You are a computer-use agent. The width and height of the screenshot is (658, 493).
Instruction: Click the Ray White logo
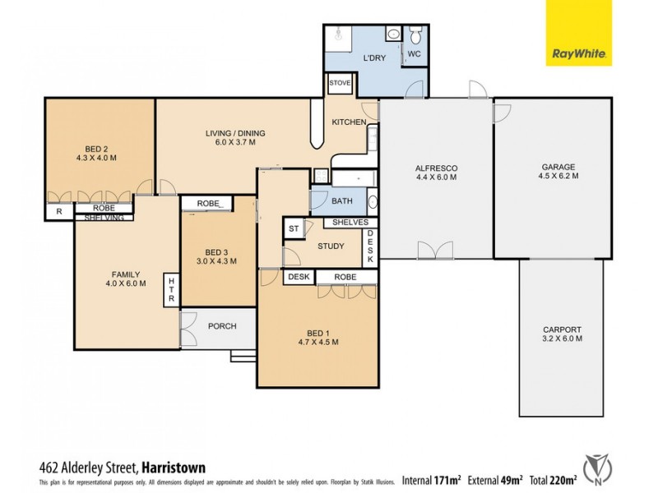(579, 34)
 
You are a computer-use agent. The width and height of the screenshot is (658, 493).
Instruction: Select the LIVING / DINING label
(235, 132)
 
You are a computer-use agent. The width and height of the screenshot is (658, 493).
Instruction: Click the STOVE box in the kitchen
(340, 83)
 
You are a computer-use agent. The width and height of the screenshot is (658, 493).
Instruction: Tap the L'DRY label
(375, 58)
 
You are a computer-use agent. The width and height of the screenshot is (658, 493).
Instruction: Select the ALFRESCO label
(436, 168)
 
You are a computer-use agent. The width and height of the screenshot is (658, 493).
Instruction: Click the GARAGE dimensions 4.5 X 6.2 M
(558, 176)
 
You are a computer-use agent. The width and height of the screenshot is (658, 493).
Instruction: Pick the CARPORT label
(563, 329)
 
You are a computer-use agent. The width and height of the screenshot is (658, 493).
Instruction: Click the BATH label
(341, 201)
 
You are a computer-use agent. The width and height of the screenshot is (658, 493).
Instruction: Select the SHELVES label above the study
(350, 223)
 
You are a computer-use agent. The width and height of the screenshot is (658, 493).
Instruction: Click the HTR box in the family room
(171, 290)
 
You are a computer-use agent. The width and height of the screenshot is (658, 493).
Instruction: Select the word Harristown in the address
(174, 468)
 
